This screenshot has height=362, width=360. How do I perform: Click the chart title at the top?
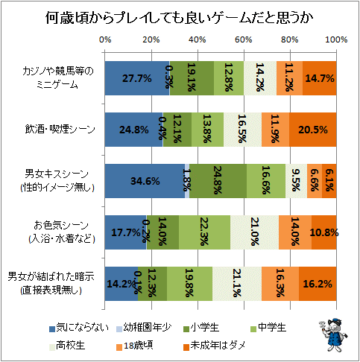pyautogui.click(x=179, y=18)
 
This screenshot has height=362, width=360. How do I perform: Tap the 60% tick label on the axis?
pyautogui.click(x=244, y=39)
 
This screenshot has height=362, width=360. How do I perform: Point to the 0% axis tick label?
pyautogui.click(x=105, y=39)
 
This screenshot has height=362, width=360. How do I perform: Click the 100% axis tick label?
pyautogui.click(x=336, y=39)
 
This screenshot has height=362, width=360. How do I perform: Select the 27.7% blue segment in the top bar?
pyautogui.click(x=137, y=78)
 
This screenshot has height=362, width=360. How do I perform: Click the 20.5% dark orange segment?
pyautogui.click(x=312, y=130)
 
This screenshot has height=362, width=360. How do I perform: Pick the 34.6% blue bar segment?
pyautogui.click(x=145, y=181)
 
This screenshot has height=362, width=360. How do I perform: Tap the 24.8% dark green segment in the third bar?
pyautogui.click(x=218, y=181)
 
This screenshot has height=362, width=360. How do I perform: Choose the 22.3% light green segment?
pyautogui.click(x=204, y=232)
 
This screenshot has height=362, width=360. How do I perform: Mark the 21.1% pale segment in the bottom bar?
pyautogui.click(x=237, y=284)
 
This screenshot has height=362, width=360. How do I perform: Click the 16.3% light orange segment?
pyautogui.click(x=280, y=284)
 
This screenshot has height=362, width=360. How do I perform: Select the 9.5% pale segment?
pyautogui.click(x=296, y=181)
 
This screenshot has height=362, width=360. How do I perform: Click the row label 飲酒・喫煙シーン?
pyautogui.click(x=60, y=130)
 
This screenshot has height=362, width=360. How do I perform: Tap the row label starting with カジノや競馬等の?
pyautogui.click(x=58, y=78)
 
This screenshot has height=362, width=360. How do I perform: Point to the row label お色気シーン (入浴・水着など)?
pyautogui.click(x=61, y=232)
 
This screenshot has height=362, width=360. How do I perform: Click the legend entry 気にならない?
pyautogui.click(x=79, y=328)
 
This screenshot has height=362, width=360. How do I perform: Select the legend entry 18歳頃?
pyautogui.click(x=134, y=346)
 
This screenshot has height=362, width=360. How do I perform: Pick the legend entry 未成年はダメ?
pyautogui.click(x=215, y=346)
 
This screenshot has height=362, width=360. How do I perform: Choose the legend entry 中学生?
pyautogui.click(x=268, y=328)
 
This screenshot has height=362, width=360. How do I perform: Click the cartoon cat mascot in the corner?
pyautogui.click(x=333, y=335)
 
